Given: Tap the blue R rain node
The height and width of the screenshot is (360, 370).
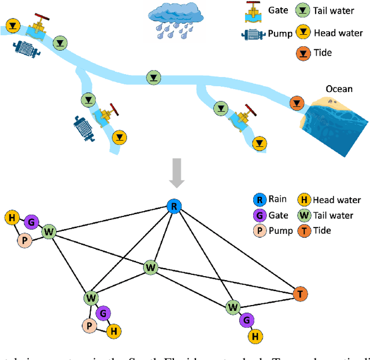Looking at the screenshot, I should pyautogui.click(x=173, y=205).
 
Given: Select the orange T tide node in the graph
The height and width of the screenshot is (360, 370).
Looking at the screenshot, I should pyautogui.click(x=300, y=294).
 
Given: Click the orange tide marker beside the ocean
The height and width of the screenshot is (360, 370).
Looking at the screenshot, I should pyautogui.click(x=297, y=103).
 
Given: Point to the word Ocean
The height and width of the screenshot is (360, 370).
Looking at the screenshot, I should pyautogui.click(x=339, y=89).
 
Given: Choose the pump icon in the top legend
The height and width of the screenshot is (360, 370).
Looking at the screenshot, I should pyautogui.click(x=252, y=34).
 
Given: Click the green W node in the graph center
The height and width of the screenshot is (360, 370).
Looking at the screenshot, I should pyautogui.click(x=151, y=267).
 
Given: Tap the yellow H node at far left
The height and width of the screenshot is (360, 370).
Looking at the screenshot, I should pyautogui.click(x=11, y=218).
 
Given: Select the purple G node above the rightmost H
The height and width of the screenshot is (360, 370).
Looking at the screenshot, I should pyautogui.click(x=247, y=319).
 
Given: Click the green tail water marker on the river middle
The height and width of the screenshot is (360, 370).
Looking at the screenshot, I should pyautogui.click(x=153, y=76).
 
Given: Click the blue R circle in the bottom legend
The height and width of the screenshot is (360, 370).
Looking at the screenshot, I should pyautogui.click(x=260, y=200).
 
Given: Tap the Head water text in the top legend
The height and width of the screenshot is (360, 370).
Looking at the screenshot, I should pyautogui.click(x=338, y=33).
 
